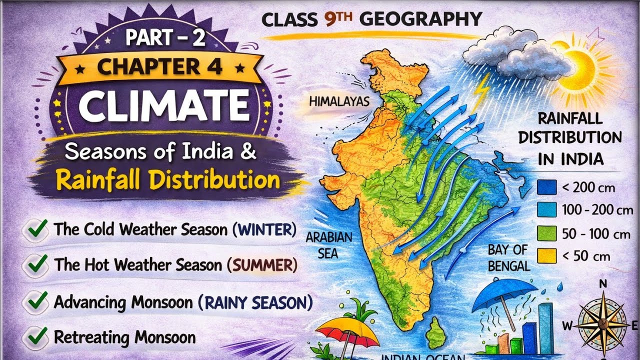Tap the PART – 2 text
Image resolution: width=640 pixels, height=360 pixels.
pos(164,39)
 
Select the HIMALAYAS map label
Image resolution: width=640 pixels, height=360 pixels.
pos(339,102)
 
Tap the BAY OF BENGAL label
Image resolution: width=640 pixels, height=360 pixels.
pos(508,258)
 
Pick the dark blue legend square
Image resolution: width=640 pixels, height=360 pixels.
pos(546,187)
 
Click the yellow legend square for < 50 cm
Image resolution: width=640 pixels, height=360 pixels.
pos(546,255)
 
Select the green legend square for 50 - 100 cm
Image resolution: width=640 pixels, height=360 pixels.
pos(546,233)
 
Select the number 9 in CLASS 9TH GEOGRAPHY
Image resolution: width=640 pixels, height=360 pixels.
pos(329,19)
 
